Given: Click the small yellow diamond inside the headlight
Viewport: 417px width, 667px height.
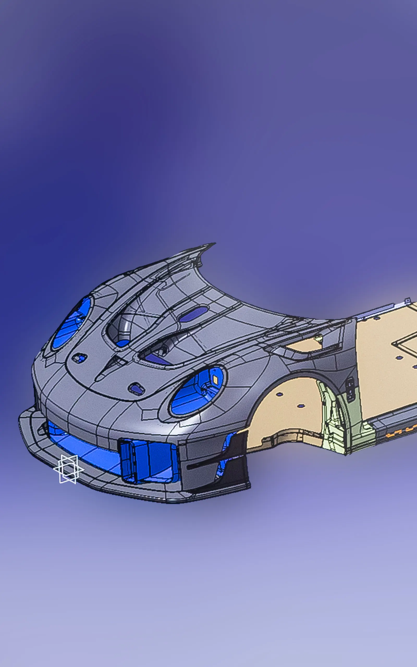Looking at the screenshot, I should pyautogui.click(x=215, y=380).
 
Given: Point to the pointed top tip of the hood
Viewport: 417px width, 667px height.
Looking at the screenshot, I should pyautogui.click(x=212, y=244).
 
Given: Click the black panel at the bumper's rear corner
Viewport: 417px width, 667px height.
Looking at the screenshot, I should pyautogui.click(x=234, y=474).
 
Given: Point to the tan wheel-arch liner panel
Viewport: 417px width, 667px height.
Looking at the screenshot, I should pyautogui.click(x=284, y=408).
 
